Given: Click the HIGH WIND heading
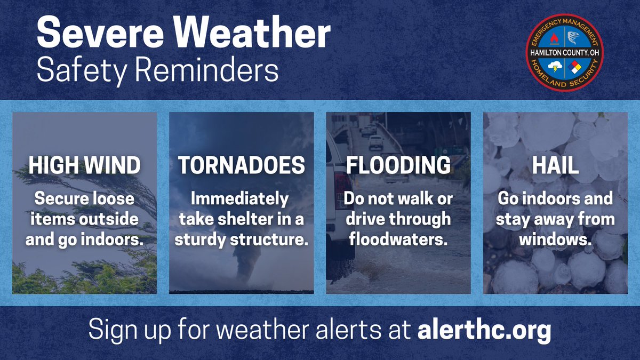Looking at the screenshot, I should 84,166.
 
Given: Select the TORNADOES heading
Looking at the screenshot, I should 242,166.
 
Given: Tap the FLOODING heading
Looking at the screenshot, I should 398,166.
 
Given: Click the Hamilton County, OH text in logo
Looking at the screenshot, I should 565,52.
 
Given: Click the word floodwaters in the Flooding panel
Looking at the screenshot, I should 398,239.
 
